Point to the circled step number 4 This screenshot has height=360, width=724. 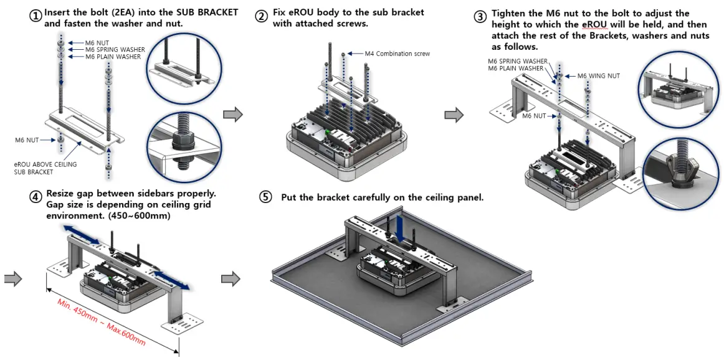click(36, 197)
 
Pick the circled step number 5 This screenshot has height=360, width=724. click(266, 197)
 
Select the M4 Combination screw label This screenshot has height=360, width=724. click(398, 54)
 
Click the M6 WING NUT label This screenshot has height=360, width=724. click(598, 76)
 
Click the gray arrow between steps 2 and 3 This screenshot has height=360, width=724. click(454, 115)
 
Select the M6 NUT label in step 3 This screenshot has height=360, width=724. click(535, 116)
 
